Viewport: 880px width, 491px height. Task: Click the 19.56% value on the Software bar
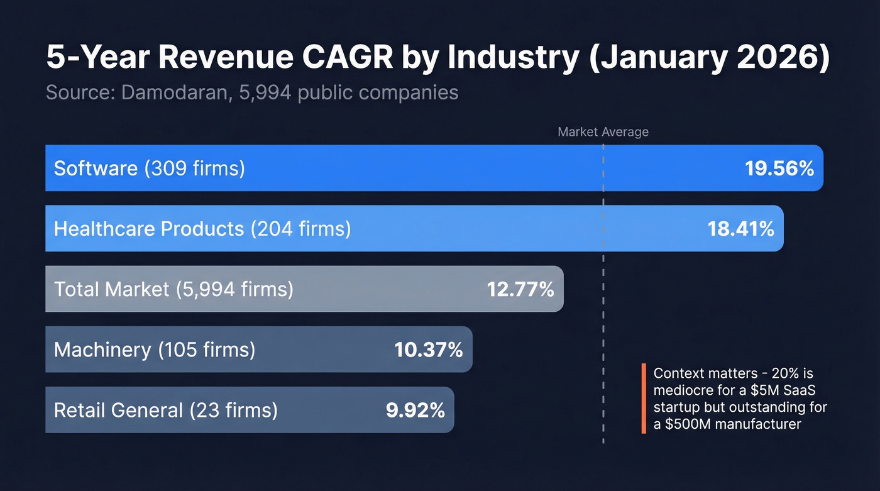[779, 168]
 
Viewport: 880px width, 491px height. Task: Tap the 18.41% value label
[740, 229]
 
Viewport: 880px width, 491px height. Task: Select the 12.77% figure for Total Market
[520, 289]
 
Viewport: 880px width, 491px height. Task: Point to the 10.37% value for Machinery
[429, 350]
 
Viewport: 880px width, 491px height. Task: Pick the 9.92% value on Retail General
[415, 411]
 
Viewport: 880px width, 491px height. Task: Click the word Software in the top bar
[96, 168]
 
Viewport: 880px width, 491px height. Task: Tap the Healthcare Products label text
[148, 229]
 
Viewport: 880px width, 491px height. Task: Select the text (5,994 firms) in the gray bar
[234, 289]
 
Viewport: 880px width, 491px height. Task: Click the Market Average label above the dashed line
[603, 132]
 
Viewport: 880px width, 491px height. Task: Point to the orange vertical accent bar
[644, 399]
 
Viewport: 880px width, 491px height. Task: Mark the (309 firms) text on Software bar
[194, 168]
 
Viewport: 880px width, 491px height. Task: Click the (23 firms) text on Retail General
[233, 411]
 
